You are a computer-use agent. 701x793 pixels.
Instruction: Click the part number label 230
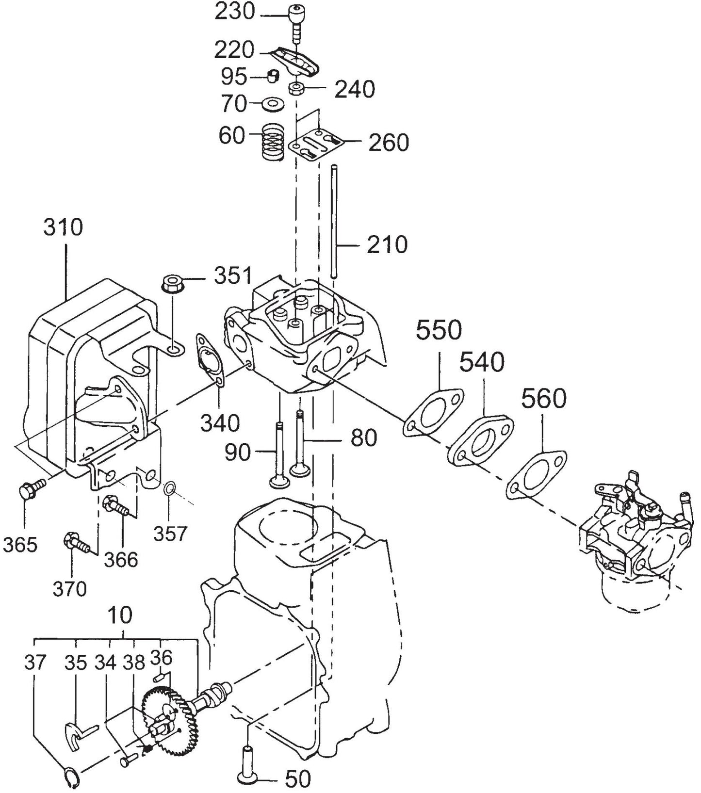(235, 12)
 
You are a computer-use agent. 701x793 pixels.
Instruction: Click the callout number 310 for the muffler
(63, 227)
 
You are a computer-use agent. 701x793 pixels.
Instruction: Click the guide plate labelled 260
(315, 144)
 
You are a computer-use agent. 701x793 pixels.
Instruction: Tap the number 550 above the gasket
(439, 330)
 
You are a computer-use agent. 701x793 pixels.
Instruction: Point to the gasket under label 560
(537, 471)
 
